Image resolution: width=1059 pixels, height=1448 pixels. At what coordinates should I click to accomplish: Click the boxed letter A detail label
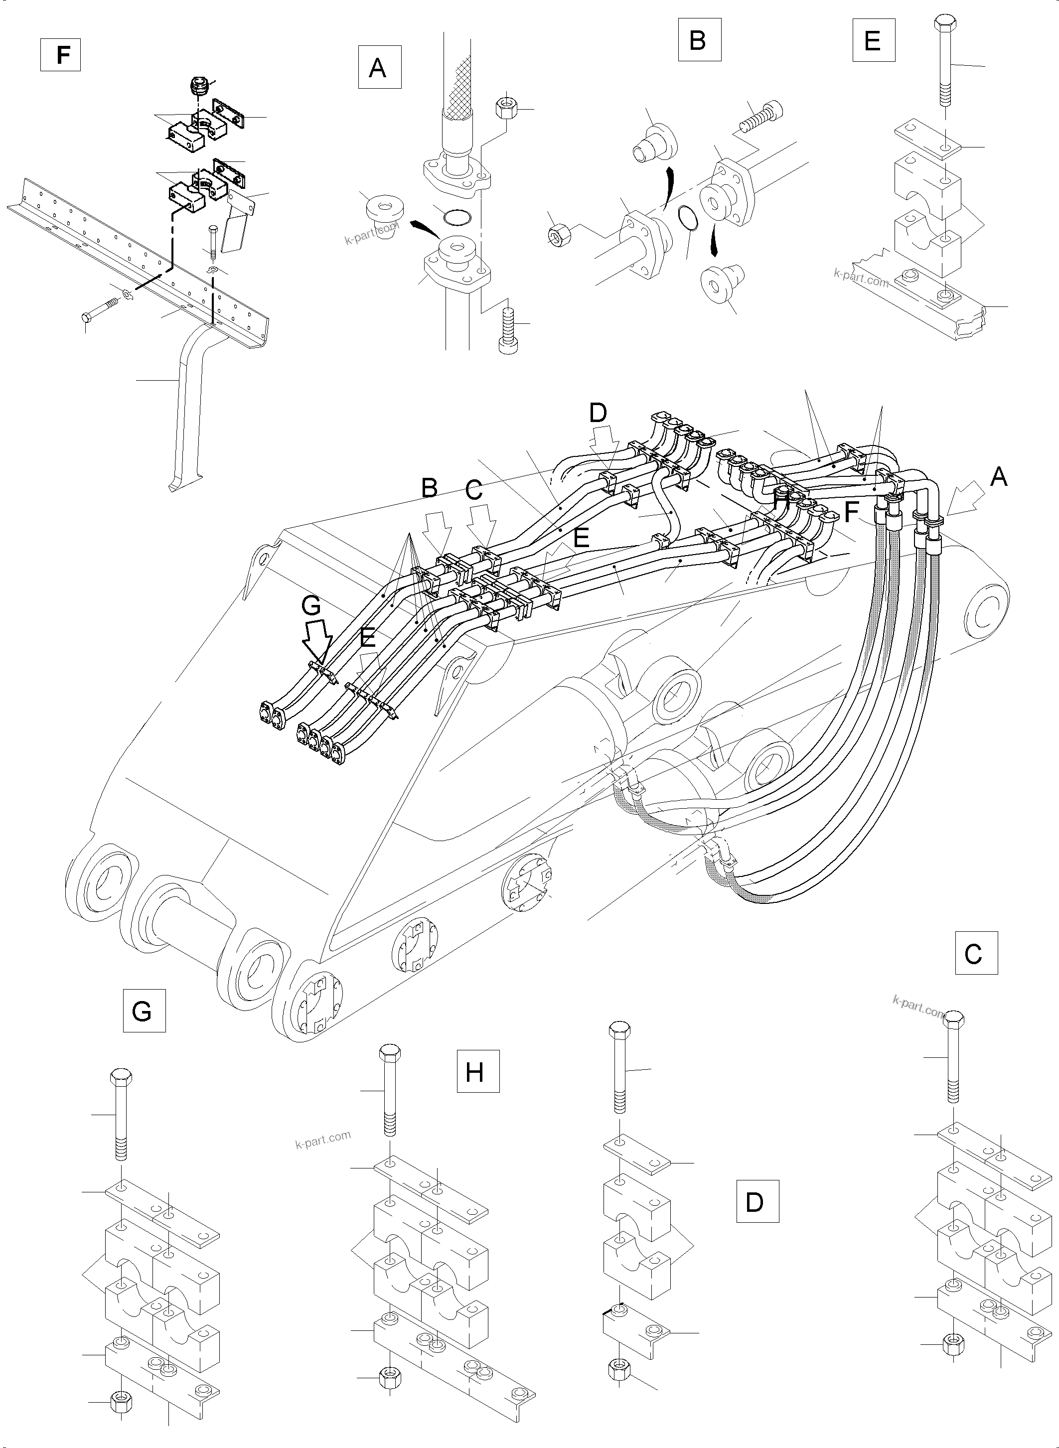(x=380, y=67)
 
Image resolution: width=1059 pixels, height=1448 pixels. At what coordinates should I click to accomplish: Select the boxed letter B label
(x=699, y=40)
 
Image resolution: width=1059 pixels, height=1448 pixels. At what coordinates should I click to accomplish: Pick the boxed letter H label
(x=477, y=1070)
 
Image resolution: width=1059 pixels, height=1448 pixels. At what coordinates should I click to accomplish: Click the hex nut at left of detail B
(x=555, y=235)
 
